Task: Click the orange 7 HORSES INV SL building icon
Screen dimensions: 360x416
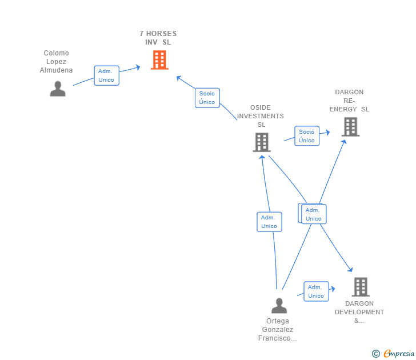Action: point(159,59)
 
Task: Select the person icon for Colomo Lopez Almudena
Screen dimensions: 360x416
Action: point(58,89)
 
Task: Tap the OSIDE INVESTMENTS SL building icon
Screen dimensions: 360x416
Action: point(261,142)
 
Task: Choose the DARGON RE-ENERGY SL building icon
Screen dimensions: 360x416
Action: point(350,127)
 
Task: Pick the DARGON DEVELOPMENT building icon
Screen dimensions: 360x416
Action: point(360,287)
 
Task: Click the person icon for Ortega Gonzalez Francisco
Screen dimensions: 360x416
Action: point(279,306)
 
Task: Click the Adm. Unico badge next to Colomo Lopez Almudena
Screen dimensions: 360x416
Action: point(106,75)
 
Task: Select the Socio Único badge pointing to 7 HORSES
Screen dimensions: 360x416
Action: point(207,98)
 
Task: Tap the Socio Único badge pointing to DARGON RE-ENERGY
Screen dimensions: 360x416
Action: point(306,136)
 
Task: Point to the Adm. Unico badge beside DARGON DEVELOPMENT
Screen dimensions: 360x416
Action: point(316,291)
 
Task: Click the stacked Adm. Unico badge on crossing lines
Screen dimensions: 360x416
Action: point(313,214)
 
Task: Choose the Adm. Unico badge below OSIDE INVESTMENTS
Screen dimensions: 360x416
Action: point(269,222)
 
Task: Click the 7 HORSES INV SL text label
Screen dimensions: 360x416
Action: point(158,38)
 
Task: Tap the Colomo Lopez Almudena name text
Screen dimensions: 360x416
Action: point(56,62)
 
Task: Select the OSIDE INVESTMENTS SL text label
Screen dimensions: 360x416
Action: point(261,116)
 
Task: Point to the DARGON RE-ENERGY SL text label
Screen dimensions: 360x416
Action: point(349,101)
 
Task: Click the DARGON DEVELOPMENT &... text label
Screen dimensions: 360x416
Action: point(359,312)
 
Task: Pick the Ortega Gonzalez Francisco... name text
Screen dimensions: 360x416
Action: point(278,330)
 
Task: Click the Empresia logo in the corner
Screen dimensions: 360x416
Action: point(398,354)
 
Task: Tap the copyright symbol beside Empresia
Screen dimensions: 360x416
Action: point(376,354)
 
